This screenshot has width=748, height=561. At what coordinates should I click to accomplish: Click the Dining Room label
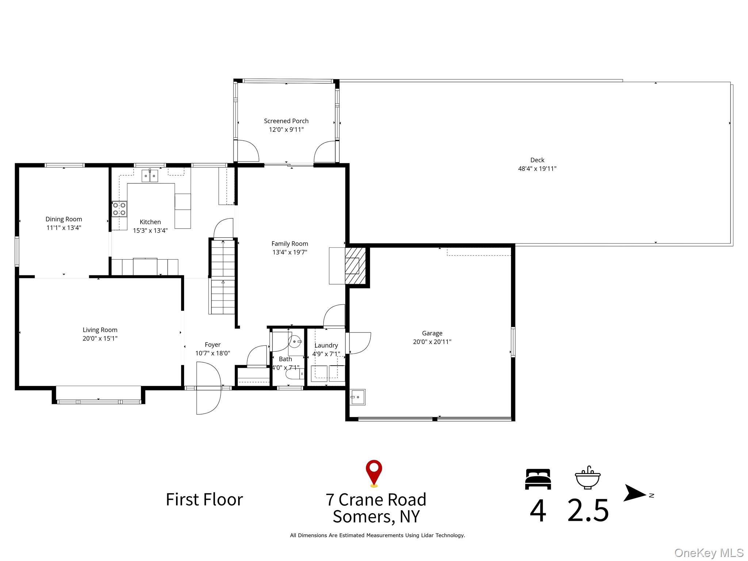coord(64,219)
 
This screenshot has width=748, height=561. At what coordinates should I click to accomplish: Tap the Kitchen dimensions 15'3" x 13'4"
coord(150,230)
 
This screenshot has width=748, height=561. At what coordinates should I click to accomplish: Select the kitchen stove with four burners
coord(119,209)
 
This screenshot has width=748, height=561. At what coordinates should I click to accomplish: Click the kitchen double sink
coord(150,176)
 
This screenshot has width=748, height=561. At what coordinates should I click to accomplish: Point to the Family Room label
coord(290,244)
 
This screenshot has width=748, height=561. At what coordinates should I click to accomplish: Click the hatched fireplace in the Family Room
coord(355,266)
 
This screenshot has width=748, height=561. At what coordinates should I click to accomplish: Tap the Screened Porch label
coord(286,121)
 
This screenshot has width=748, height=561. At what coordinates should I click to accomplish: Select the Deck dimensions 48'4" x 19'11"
coord(537,169)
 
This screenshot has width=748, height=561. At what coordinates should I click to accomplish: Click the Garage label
coord(432,333)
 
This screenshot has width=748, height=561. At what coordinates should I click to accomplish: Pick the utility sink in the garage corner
coord(358,397)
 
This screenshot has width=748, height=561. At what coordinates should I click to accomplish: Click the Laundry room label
coord(326,346)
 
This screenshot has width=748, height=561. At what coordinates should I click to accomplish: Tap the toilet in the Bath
coord(294,374)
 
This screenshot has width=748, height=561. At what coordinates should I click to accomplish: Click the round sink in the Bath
coord(295,341)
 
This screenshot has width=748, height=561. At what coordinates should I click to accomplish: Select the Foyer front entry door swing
coord(209,388)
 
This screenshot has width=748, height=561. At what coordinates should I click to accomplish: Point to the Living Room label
coord(100,330)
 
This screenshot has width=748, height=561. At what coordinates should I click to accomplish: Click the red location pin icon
coord(374,473)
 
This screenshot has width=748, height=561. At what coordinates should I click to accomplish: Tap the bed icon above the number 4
coord(538,479)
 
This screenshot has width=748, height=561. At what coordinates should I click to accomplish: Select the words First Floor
coord(205,500)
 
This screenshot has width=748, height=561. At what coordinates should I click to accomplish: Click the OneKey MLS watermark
coord(709,553)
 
